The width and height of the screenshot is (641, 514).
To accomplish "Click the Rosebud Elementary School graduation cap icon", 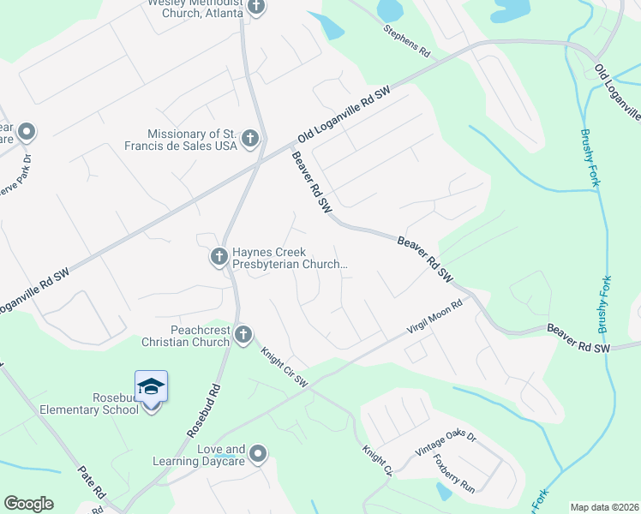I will coord(151,386).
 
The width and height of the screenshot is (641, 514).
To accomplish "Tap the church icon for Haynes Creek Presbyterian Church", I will coord(218,255).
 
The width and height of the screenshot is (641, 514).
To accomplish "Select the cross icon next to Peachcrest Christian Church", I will coord(243,334).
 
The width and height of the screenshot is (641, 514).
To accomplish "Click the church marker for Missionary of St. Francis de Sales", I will coord(249,138).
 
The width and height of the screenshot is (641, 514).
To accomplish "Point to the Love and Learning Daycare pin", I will coord(258,453).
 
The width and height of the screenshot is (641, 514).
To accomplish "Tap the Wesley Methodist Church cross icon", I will coord(255,7).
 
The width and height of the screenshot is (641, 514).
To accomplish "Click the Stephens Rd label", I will coord(406,40).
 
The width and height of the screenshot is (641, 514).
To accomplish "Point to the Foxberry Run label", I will coord(453,472).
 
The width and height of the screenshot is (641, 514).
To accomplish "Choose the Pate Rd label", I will coord(91,481).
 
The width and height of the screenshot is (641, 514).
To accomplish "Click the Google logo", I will coord(28,504).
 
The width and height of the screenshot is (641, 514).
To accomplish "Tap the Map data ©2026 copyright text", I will coord(603,507).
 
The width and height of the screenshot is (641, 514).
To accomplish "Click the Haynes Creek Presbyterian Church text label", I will coord(288,256).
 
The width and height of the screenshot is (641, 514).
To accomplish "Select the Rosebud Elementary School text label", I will coord(89,403).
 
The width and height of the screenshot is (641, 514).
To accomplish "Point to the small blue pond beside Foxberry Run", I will coord(443,491).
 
